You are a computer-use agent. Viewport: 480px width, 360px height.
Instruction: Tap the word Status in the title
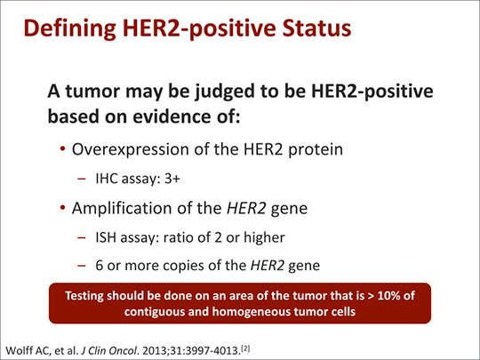point(307,28)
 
